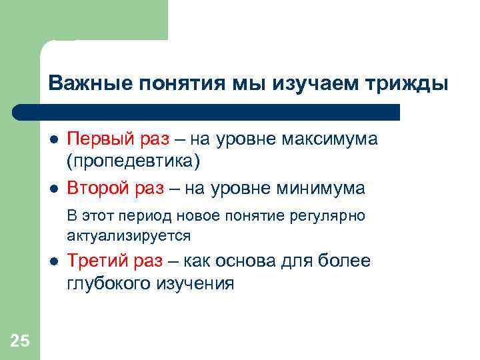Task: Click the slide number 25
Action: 20,341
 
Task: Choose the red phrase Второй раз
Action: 115,189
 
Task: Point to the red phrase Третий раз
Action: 115,261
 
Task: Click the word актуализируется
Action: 129,235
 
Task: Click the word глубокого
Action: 109,283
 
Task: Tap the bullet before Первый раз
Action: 53,139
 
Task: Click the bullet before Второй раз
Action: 53,189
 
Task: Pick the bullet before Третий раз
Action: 53,261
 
